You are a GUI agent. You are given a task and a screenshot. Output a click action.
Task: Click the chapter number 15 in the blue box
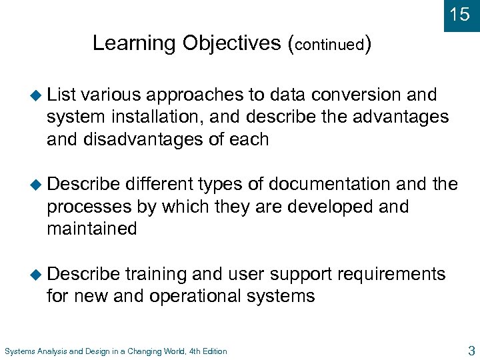[x=460, y=15]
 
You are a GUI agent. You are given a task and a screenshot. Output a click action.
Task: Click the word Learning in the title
[x=134, y=43]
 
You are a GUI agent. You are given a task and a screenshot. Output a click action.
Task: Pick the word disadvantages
[x=143, y=139]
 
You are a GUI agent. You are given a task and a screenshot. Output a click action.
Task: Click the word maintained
[x=91, y=229]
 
